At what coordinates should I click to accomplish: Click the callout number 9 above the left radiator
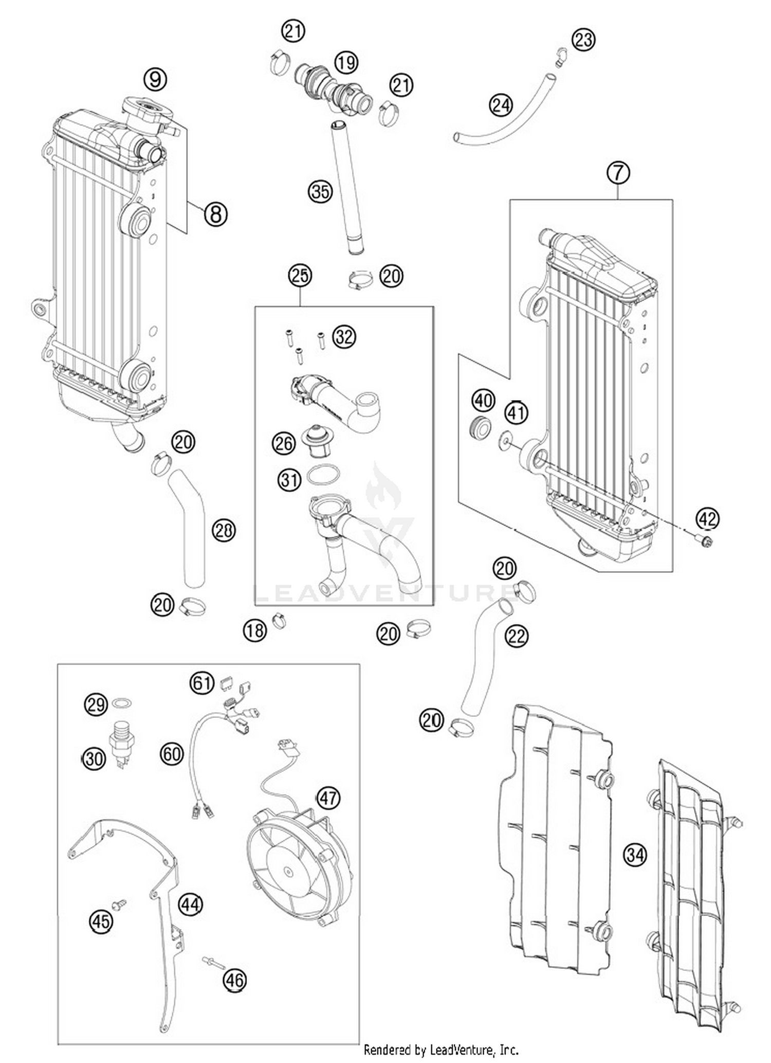[155, 79]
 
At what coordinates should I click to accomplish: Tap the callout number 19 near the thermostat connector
[346, 63]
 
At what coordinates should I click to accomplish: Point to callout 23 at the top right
[583, 40]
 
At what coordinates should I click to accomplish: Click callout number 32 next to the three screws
[344, 337]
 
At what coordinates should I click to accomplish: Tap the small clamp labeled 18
[279, 620]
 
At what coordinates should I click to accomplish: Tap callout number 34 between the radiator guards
[635, 855]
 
